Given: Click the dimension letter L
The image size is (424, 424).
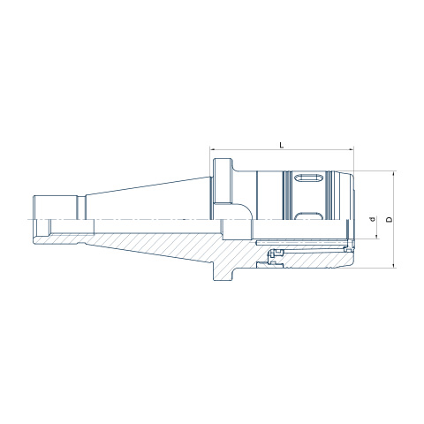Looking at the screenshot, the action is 282,145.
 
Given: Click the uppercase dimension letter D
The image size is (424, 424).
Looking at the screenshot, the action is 390,219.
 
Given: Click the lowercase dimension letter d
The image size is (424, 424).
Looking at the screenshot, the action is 373,219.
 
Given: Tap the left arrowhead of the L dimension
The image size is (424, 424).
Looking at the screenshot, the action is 212,149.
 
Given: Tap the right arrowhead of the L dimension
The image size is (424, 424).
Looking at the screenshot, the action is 352,149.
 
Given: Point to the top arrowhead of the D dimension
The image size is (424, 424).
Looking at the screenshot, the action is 394,173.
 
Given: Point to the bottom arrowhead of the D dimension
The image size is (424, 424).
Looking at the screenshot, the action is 394,266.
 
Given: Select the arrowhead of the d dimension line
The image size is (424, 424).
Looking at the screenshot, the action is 377,237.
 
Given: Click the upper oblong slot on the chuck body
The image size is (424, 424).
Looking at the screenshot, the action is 308,178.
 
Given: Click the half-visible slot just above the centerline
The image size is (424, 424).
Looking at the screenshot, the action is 308,216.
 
